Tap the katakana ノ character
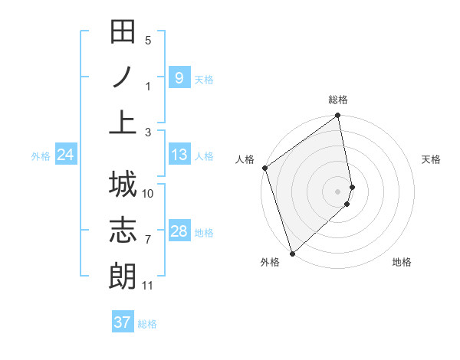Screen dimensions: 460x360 click(x=123, y=77)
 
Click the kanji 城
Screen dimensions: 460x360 click(x=123, y=185)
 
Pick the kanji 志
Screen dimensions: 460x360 click(x=123, y=230)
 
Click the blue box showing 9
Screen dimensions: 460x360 click(x=179, y=78)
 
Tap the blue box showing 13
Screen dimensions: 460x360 click(x=179, y=155)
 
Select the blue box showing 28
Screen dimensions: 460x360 click(x=179, y=231)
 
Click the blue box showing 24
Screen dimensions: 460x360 click(x=65, y=155)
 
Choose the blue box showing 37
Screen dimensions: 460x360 click(x=123, y=322)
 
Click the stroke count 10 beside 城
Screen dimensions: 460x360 click(x=148, y=194)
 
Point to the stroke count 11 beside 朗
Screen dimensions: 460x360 click(x=148, y=286)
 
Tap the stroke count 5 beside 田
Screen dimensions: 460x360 click(x=148, y=41)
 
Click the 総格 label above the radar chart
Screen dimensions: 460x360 click(x=338, y=100)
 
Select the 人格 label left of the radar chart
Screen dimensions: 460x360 click(x=245, y=159)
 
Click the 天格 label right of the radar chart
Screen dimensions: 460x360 click(x=431, y=159)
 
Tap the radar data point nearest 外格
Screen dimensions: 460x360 click(x=291, y=254)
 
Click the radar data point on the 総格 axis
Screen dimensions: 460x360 click(x=338, y=116)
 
